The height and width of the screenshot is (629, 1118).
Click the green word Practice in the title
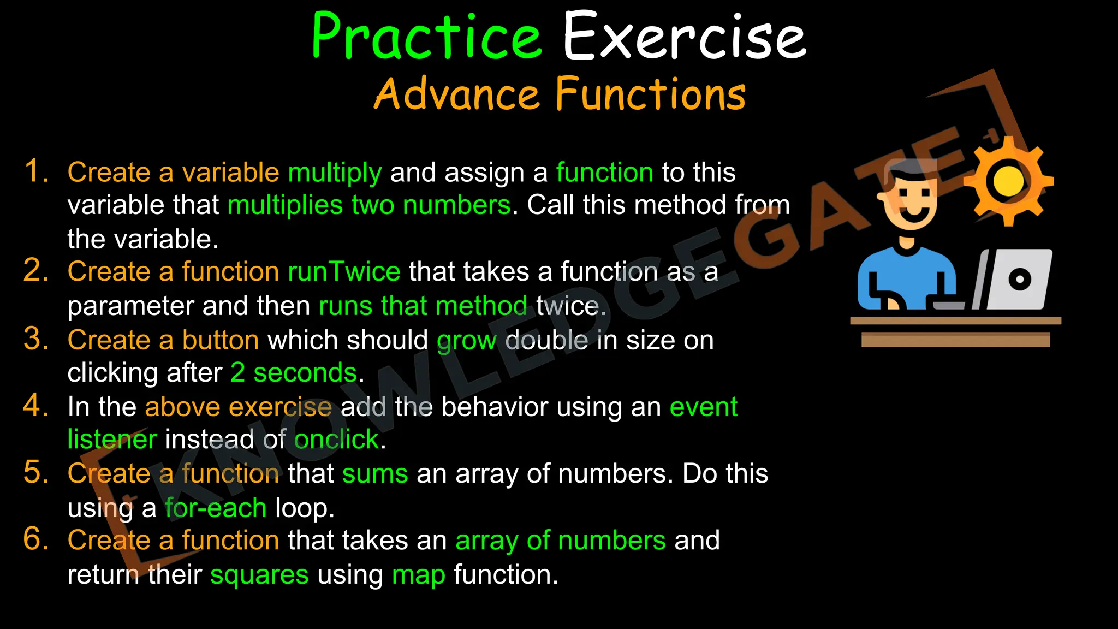click(x=427, y=37)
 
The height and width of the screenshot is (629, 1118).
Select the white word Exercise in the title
click(x=684, y=37)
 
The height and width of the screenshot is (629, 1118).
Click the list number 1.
click(x=36, y=171)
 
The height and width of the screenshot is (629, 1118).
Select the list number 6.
click(x=36, y=539)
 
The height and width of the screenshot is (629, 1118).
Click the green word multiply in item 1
click(x=335, y=173)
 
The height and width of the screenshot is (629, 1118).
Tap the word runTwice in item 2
click(x=344, y=272)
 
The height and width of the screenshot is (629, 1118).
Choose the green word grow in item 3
click(x=466, y=341)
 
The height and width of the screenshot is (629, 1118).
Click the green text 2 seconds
click(x=294, y=373)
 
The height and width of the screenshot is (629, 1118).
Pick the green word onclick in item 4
click(x=336, y=440)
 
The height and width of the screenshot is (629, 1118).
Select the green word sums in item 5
click(x=375, y=473)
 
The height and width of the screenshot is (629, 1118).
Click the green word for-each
click(x=216, y=508)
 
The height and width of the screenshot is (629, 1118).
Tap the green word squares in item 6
click(x=259, y=575)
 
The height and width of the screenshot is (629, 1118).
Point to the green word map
click(x=418, y=575)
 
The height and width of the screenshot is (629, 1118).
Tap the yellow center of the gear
click(x=1008, y=181)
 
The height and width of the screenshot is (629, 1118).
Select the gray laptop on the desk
click(x=1016, y=280)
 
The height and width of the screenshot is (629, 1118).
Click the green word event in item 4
click(x=703, y=407)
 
